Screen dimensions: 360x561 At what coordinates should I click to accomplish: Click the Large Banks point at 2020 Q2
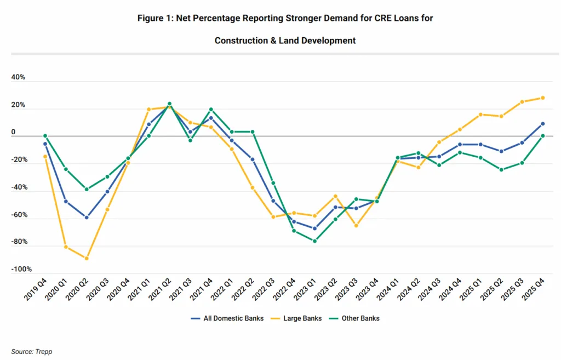[87, 259]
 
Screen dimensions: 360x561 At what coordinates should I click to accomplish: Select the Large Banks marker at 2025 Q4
[542, 98]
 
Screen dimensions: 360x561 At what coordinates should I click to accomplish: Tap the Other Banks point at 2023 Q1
[314, 241]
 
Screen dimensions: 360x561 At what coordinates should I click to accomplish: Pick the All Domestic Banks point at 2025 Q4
[542, 124]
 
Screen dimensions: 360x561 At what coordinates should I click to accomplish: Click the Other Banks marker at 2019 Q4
[45, 136]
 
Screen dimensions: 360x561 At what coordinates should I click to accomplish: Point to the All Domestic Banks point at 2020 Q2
[87, 218]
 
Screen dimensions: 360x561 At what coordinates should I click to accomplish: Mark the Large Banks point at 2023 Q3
[356, 226]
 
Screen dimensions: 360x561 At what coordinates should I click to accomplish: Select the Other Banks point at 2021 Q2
[169, 104]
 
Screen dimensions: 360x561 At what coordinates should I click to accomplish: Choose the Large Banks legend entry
[299, 318]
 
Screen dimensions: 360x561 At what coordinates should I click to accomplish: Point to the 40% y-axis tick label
[18, 77]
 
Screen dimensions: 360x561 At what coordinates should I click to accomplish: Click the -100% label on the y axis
[21, 270]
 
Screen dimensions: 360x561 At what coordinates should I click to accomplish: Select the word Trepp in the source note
[44, 352]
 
